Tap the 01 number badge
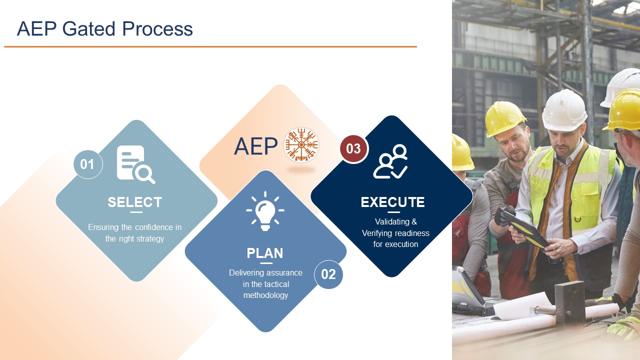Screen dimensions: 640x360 [x=88, y=164]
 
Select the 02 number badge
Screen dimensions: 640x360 [x=328, y=274]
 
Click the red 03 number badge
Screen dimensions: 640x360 [x=353, y=149]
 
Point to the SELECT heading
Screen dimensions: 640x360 [x=135, y=202]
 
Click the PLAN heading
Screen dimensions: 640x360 [x=265, y=253]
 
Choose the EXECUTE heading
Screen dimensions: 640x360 [x=392, y=202]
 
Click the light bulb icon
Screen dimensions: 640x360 [x=265, y=211]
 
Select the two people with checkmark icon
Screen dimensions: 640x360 [x=390, y=161]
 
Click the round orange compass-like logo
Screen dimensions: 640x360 [x=301, y=145]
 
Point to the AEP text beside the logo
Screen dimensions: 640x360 [x=255, y=146]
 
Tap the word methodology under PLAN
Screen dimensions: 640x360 [x=265, y=295]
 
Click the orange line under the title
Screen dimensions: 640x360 [x=210, y=46]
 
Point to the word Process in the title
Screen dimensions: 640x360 [x=157, y=29]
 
